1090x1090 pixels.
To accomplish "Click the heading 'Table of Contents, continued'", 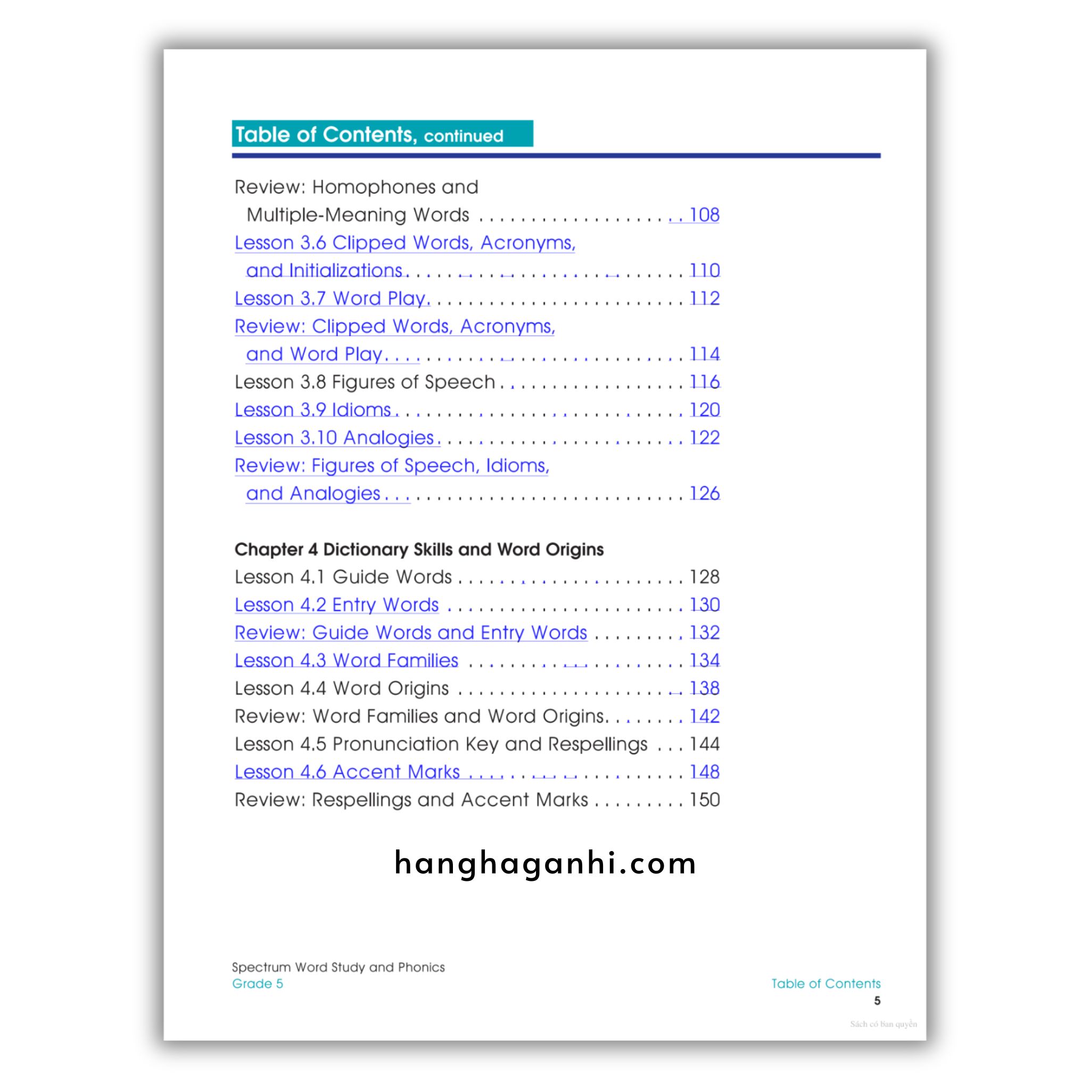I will coord(369,135).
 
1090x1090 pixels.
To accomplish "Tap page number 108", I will coord(704,215).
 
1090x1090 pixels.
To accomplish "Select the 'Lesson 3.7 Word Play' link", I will coord(332,299).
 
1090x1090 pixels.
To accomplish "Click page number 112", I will coord(705,299).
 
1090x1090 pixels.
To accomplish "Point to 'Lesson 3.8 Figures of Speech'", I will coord(365,382).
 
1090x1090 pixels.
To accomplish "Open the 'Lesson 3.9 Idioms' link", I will coord(313,410).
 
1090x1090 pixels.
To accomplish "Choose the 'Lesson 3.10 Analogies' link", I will coord(335,438).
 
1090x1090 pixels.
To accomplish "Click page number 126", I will coord(705,494).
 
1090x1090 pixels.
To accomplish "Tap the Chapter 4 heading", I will coord(419,549).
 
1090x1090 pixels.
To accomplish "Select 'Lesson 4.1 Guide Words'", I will coord(343,577).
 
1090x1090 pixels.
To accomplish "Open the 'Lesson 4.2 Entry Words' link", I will coord(337,605).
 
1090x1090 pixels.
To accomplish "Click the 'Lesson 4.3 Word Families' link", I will coord(346,660).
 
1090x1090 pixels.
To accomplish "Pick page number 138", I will coord(705,688).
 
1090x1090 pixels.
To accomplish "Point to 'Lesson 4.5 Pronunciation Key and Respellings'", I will coord(441,744).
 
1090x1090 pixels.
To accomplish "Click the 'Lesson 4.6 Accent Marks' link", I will coord(347,772).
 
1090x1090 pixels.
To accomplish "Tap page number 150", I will coord(705,800).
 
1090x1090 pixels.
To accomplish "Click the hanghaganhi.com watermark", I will coord(545,864).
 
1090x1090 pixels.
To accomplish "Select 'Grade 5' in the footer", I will coord(257,984).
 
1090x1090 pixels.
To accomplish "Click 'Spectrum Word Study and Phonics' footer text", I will coord(338,968).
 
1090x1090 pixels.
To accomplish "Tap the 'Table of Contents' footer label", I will coord(825,984).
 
